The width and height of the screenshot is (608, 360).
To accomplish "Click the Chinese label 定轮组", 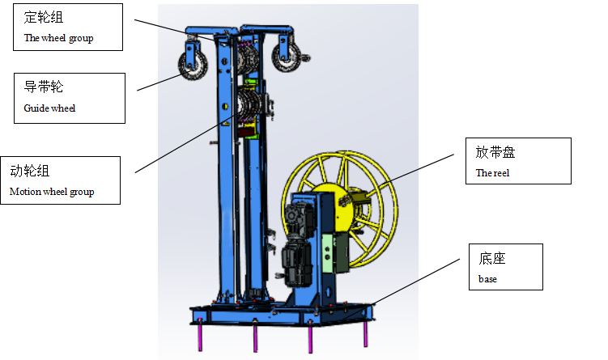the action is (x=44, y=17).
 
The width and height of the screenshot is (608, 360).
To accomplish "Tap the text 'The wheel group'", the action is (x=58, y=38).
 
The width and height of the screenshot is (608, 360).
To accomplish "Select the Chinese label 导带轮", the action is (x=44, y=87).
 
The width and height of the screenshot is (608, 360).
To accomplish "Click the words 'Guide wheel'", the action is (x=49, y=108).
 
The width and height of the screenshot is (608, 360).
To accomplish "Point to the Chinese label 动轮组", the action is (x=30, y=171).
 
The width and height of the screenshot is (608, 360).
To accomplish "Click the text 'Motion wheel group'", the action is (x=52, y=192).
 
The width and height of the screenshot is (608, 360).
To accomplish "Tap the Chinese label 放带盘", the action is (x=495, y=152).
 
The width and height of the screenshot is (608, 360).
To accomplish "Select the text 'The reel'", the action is (x=492, y=173).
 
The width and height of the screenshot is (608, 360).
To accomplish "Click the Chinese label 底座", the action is (x=492, y=258).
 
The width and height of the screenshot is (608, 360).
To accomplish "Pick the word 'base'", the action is (x=487, y=279).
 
